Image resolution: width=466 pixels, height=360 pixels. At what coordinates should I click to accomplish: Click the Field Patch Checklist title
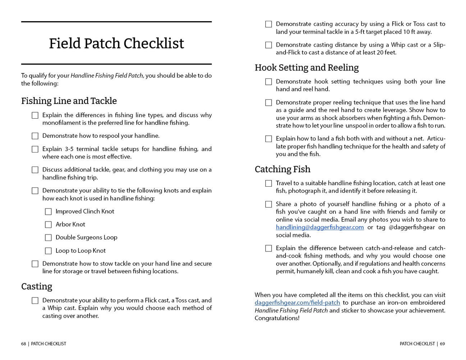tap(116, 44)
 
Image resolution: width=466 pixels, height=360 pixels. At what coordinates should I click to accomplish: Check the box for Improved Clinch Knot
tap(48, 212)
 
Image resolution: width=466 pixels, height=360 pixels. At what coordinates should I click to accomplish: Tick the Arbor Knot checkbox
tap(48, 225)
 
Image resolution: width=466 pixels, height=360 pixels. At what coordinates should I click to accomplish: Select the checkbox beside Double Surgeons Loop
tap(48, 238)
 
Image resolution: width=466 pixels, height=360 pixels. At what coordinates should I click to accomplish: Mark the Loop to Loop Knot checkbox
tap(48, 251)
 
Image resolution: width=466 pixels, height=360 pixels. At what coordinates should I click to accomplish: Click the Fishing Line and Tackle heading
tap(69, 101)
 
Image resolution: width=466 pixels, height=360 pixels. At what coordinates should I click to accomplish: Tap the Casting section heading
tap(37, 287)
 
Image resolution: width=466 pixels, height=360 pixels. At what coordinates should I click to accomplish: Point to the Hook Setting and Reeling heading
tap(307, 68)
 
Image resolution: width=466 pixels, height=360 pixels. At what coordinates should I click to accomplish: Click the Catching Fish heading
tap(283, 169)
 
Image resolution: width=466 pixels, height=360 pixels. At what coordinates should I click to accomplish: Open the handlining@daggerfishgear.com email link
tap(320, 227)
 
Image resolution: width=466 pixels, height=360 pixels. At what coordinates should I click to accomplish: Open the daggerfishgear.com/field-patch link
tap(297, 303)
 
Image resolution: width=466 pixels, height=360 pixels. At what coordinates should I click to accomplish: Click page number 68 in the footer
tap(23, 344)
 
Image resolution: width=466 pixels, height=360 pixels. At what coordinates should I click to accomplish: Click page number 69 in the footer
tap(442, 344)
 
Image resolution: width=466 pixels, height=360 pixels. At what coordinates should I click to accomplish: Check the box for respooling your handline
tap(35, 136)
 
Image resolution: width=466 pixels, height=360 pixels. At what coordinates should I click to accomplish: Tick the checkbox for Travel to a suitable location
tap(269, 183)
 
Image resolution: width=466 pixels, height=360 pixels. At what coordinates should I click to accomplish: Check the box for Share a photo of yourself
tap(269, 204)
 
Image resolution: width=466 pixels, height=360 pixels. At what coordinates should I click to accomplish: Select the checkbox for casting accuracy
tap(269, 24)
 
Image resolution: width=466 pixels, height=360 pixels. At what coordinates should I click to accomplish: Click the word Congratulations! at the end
tap(277, 318)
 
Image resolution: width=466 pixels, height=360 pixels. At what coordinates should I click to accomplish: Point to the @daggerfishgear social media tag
tap(412, 227)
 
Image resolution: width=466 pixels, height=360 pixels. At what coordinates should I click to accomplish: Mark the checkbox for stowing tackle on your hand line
tap(35, 264)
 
